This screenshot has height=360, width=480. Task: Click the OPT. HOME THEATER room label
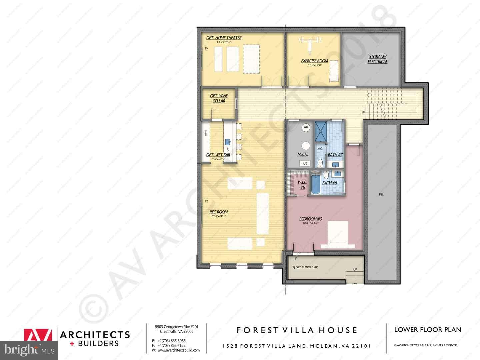point(224,38)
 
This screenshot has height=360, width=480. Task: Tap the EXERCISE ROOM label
point(314,61)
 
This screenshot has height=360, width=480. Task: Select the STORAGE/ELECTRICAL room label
point(377,59)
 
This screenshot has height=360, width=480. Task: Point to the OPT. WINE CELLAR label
point(219,98)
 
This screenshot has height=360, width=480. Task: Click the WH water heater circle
point(306,127)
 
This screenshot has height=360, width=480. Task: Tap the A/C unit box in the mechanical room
point(305,163)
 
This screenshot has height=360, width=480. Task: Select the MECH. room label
point(302,155)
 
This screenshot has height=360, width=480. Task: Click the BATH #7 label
point(335,155)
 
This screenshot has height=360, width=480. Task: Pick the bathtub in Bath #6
point(315,184)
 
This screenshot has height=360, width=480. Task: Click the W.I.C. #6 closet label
point(302,185)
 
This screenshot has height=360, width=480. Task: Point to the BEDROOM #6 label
point(310,219)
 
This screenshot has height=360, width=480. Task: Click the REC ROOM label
point(218,212)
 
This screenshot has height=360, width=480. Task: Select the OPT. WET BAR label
point(218,155)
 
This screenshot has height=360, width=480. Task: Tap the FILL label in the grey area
point(381,194)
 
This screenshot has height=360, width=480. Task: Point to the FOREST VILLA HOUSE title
point(297,330)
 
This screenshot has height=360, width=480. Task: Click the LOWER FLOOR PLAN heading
point(428,330)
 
